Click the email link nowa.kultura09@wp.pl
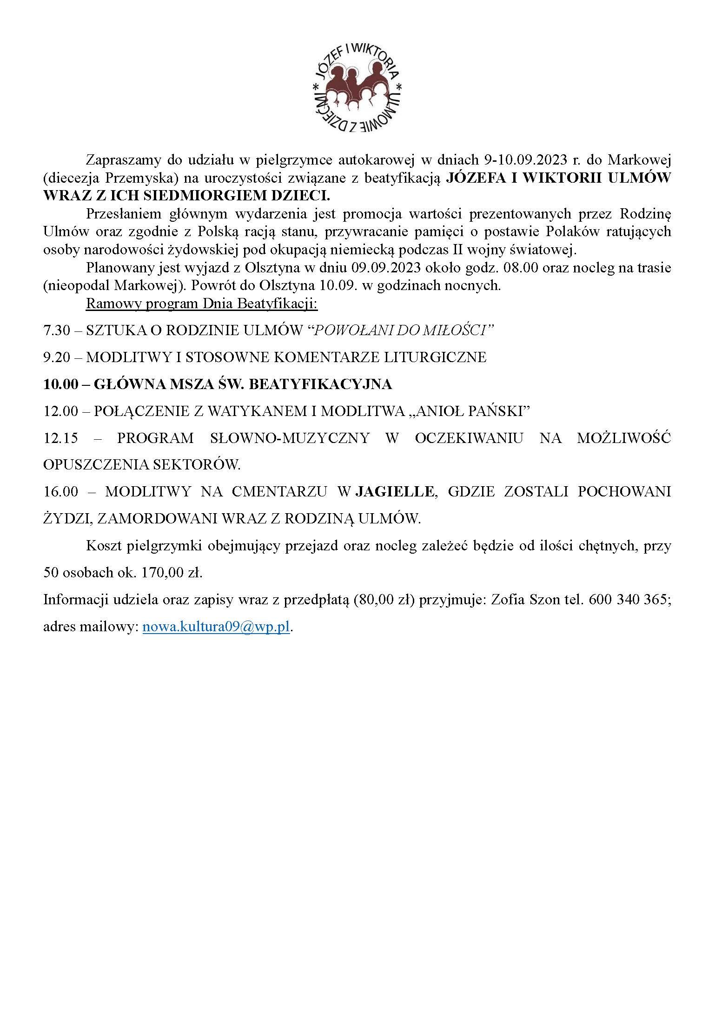(216, 627)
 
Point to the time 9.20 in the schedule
(56, 357)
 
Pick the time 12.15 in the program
(60, 438)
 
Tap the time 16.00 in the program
(60, 492)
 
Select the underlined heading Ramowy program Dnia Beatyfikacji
(202, 304)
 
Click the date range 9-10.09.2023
(523, 160)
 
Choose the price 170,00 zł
(173, 573)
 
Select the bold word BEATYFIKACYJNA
(320, 384)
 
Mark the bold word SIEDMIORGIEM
(197, 196)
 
